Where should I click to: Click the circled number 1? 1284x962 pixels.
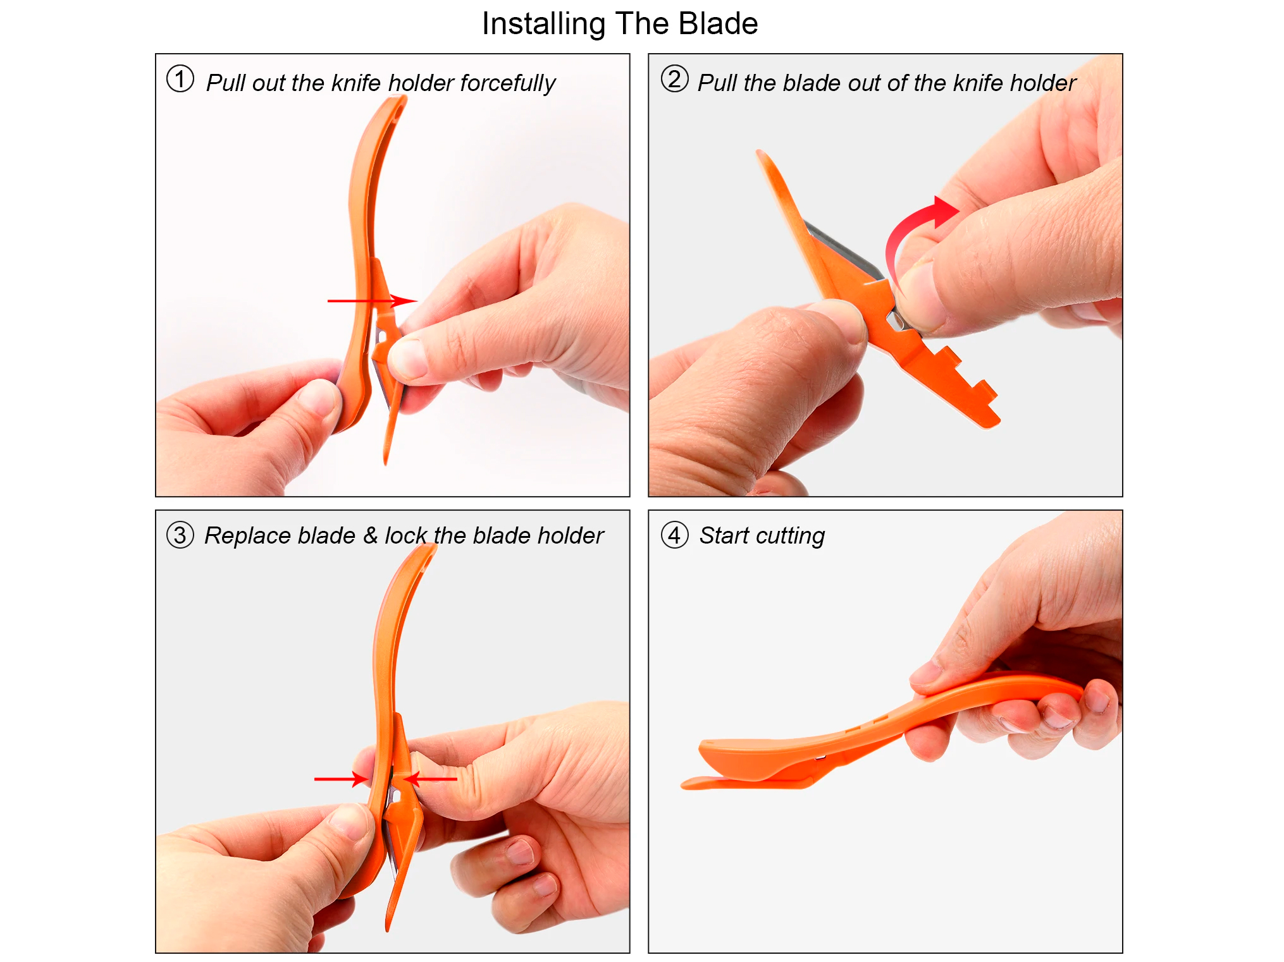coord(180,79)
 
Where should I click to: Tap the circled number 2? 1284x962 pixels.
coord(674,79)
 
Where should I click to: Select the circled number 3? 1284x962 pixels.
coord(180,535)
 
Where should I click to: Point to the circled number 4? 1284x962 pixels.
coord(674,535)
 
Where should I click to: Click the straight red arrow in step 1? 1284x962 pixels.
coord(372,301)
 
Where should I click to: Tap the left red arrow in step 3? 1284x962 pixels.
coord(341,779)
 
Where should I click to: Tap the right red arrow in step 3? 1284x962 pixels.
coord(430,779)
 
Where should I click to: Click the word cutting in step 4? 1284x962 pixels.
coord(790,536)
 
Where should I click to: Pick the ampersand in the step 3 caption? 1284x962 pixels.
coord(370,535)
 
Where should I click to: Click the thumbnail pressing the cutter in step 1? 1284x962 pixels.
coord(405,359)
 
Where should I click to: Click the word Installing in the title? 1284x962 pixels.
coord(544,24)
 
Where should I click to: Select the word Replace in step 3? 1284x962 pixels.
coord(248,536)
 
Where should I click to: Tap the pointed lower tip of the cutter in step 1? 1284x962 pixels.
coord(386,463)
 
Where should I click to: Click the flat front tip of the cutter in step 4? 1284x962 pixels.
coord(685,785)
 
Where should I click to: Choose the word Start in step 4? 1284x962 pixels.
coord(724,535)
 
